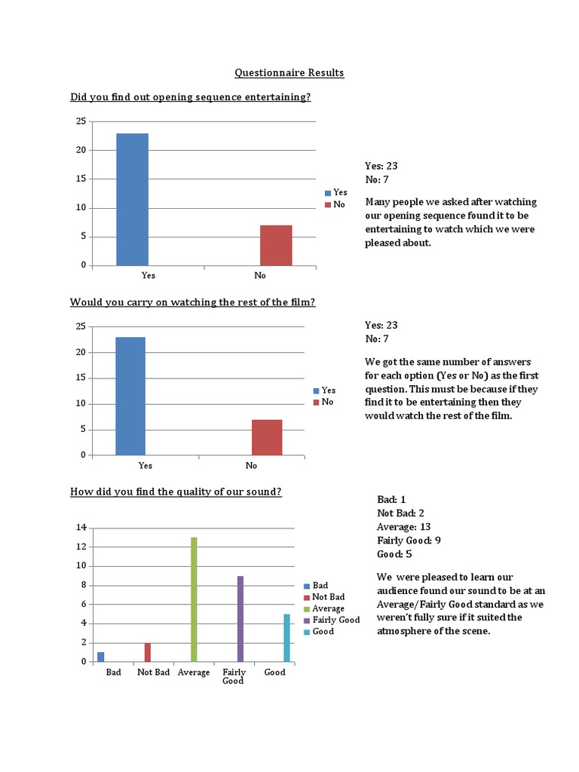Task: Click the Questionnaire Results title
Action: [289, 73]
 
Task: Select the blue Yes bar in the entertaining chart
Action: [132, 199]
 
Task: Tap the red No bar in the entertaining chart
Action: [276, 245]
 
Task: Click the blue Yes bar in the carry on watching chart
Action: [130, 396]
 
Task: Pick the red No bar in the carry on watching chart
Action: [267, 437]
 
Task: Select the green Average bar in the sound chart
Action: [194, 599]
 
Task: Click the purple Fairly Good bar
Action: [240, 618]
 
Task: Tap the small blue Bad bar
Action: [101, 657]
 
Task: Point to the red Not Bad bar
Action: [148, 652]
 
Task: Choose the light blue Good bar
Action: [286, 638]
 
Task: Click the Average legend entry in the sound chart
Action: [324, 608]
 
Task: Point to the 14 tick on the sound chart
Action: [80, 528]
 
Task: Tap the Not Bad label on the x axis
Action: [153, 672]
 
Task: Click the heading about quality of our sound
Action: [176, 492]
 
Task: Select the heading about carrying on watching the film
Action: [192, 302]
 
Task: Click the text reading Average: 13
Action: [403, 527]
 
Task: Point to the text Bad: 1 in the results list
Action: [392, 500]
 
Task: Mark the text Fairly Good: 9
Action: [409, 541]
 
